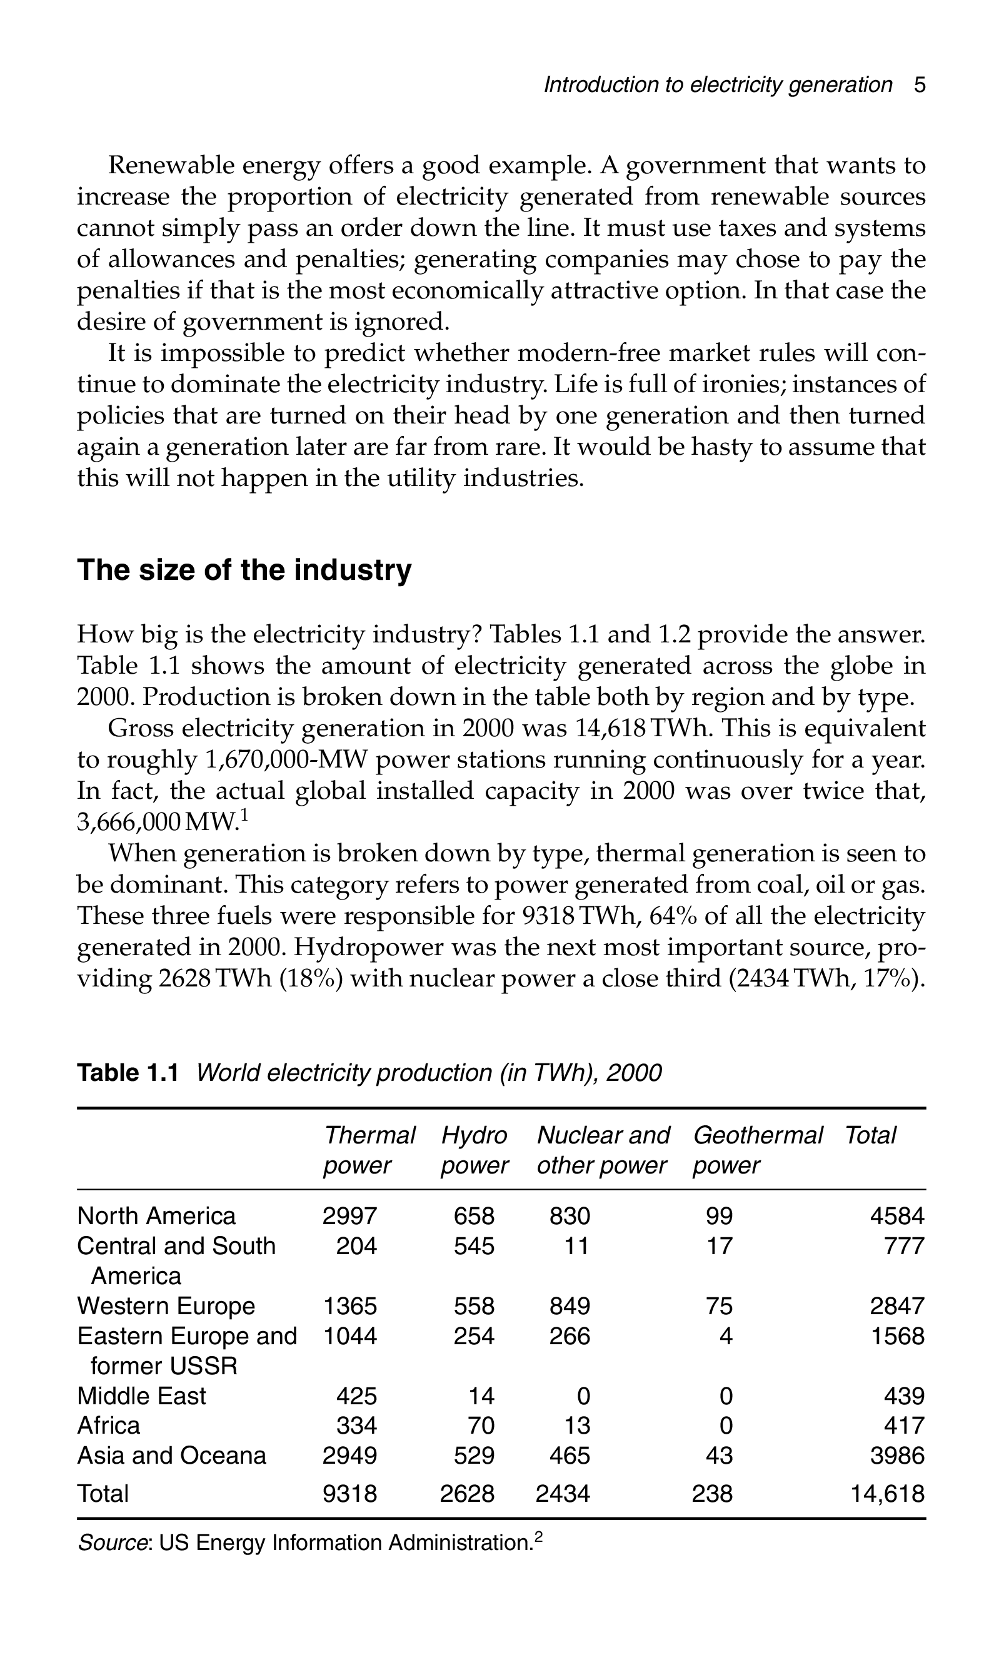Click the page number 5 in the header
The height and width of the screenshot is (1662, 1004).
[919, 85]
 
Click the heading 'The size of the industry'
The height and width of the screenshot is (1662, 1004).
[244, 570]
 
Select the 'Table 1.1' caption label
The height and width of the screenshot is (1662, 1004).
[128, 1073]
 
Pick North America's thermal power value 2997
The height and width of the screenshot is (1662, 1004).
[349, 1216]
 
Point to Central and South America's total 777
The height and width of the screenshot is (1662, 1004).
[904, 1246]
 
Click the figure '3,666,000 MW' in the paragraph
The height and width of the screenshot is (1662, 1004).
[158, 822]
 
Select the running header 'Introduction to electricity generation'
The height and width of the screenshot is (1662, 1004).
[718, 85]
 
